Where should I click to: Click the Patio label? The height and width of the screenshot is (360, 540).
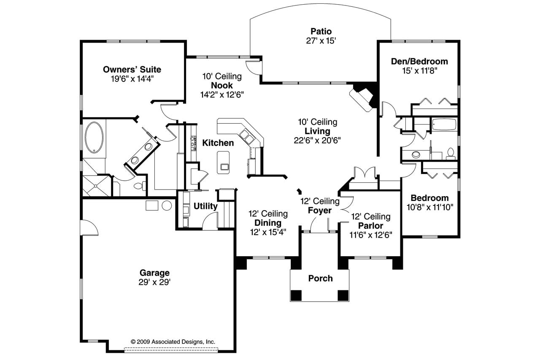(x=321, y=31)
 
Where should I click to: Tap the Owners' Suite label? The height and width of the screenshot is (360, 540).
(x=132, y=70)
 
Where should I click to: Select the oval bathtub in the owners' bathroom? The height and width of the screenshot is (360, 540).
(x=94, y=138)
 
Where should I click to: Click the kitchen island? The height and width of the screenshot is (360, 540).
(x=223, y=162)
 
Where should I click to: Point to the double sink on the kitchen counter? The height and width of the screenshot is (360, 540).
(x=246, y=136)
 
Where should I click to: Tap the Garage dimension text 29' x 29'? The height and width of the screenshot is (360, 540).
(x=154, y=282)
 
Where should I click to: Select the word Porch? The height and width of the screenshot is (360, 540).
(x=320, y=279)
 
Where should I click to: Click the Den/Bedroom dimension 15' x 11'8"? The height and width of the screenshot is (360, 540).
(x=420, y=70)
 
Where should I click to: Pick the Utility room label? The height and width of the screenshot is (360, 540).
(x=205, y=206)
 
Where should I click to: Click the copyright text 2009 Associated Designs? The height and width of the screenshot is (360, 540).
(x=173, y=342)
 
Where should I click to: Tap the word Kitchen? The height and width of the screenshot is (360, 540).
(x=218, y=143)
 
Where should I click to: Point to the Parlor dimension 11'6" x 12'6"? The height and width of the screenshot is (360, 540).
(x=371, y=235)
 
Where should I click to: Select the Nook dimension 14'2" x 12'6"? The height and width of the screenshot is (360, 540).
(x=222, y=95)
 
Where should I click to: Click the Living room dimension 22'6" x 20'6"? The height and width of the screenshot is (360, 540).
(x=317, y=141)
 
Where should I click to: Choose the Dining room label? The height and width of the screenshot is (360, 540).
(x=268, y=223)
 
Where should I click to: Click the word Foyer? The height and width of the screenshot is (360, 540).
(x=320, y=210)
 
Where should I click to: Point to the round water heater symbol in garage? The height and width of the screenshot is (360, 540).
(x=167, y=206)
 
